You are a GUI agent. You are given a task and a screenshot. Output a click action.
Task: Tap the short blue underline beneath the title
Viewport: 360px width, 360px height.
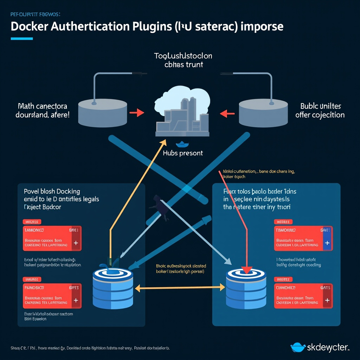(21, 39)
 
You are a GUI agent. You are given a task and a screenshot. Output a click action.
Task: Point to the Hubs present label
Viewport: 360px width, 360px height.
(182, 153)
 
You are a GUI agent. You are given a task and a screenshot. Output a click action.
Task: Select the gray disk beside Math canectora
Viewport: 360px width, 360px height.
(102, 112)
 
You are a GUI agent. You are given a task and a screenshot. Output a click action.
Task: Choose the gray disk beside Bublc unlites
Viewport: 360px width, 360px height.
(263, 112)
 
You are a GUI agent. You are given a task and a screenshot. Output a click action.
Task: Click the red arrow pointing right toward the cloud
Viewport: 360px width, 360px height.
(137, 113)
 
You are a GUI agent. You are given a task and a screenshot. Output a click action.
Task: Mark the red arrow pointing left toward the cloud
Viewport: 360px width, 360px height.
(227, 113)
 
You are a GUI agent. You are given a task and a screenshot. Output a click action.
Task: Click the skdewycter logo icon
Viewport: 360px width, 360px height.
(298, 347)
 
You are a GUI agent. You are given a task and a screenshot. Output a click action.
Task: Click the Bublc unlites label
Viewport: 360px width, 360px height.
(320, 110)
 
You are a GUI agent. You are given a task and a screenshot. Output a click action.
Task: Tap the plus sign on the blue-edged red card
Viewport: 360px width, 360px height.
(327, 243)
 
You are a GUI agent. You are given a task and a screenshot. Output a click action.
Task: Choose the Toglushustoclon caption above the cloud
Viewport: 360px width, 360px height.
(183, 60)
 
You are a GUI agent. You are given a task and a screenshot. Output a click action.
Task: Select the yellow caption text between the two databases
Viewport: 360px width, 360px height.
(181, 269)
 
